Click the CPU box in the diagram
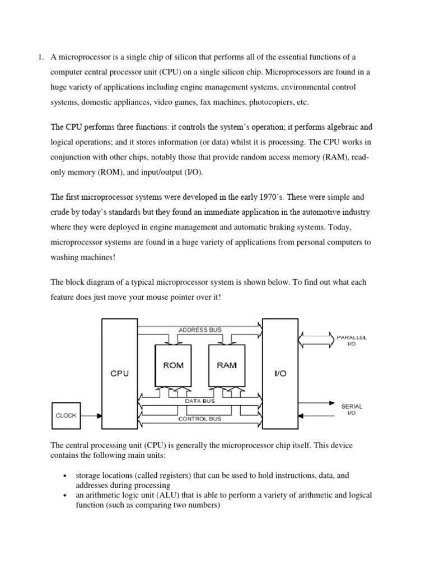tap(119, 373)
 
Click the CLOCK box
tap(66, 416)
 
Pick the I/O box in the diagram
tap(281, 373)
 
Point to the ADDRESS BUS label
tap(200, 330)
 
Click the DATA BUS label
tap(199, 401)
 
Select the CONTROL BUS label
tap(199, 418)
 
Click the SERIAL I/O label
tap(351, 410)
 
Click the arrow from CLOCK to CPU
tap(90, 416)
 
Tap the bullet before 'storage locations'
tap(66, 476)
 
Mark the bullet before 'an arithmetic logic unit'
tap(66, 496)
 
